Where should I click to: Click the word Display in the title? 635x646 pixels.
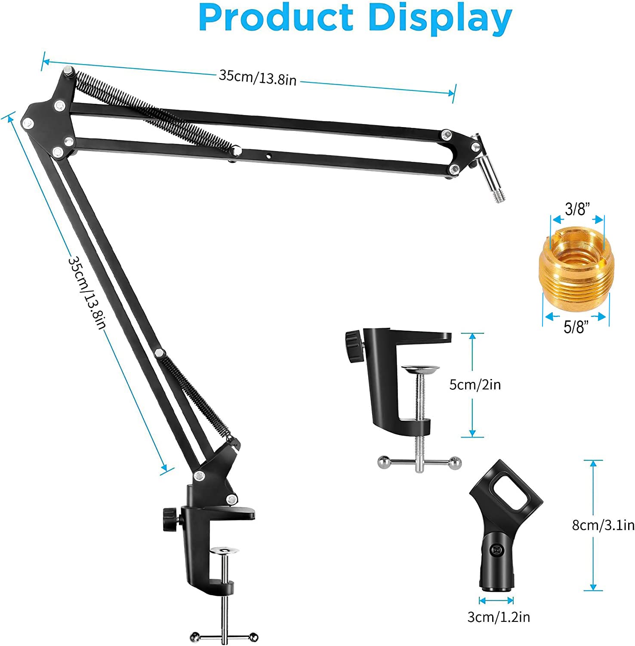click(x=440, y=18)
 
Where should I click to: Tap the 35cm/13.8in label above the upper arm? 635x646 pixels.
click(x=258, y=78)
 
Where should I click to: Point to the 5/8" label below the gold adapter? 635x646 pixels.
click(x=576, y=327)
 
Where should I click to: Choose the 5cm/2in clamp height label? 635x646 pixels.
click(x=475, y=384)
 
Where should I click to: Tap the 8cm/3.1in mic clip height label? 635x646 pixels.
click(x=603, y=525)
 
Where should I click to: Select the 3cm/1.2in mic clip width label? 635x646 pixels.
click(x=499, y=617)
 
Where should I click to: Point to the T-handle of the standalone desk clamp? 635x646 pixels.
click(x=419, y=463)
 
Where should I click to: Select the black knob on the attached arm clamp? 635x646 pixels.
click(x=170, y=519)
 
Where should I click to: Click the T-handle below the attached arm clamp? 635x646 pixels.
click(x=224, y=637)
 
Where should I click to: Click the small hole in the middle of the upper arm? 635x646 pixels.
click(x=268, y=155)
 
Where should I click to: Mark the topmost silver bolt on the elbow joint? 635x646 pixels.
click(x=68, y=71)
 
